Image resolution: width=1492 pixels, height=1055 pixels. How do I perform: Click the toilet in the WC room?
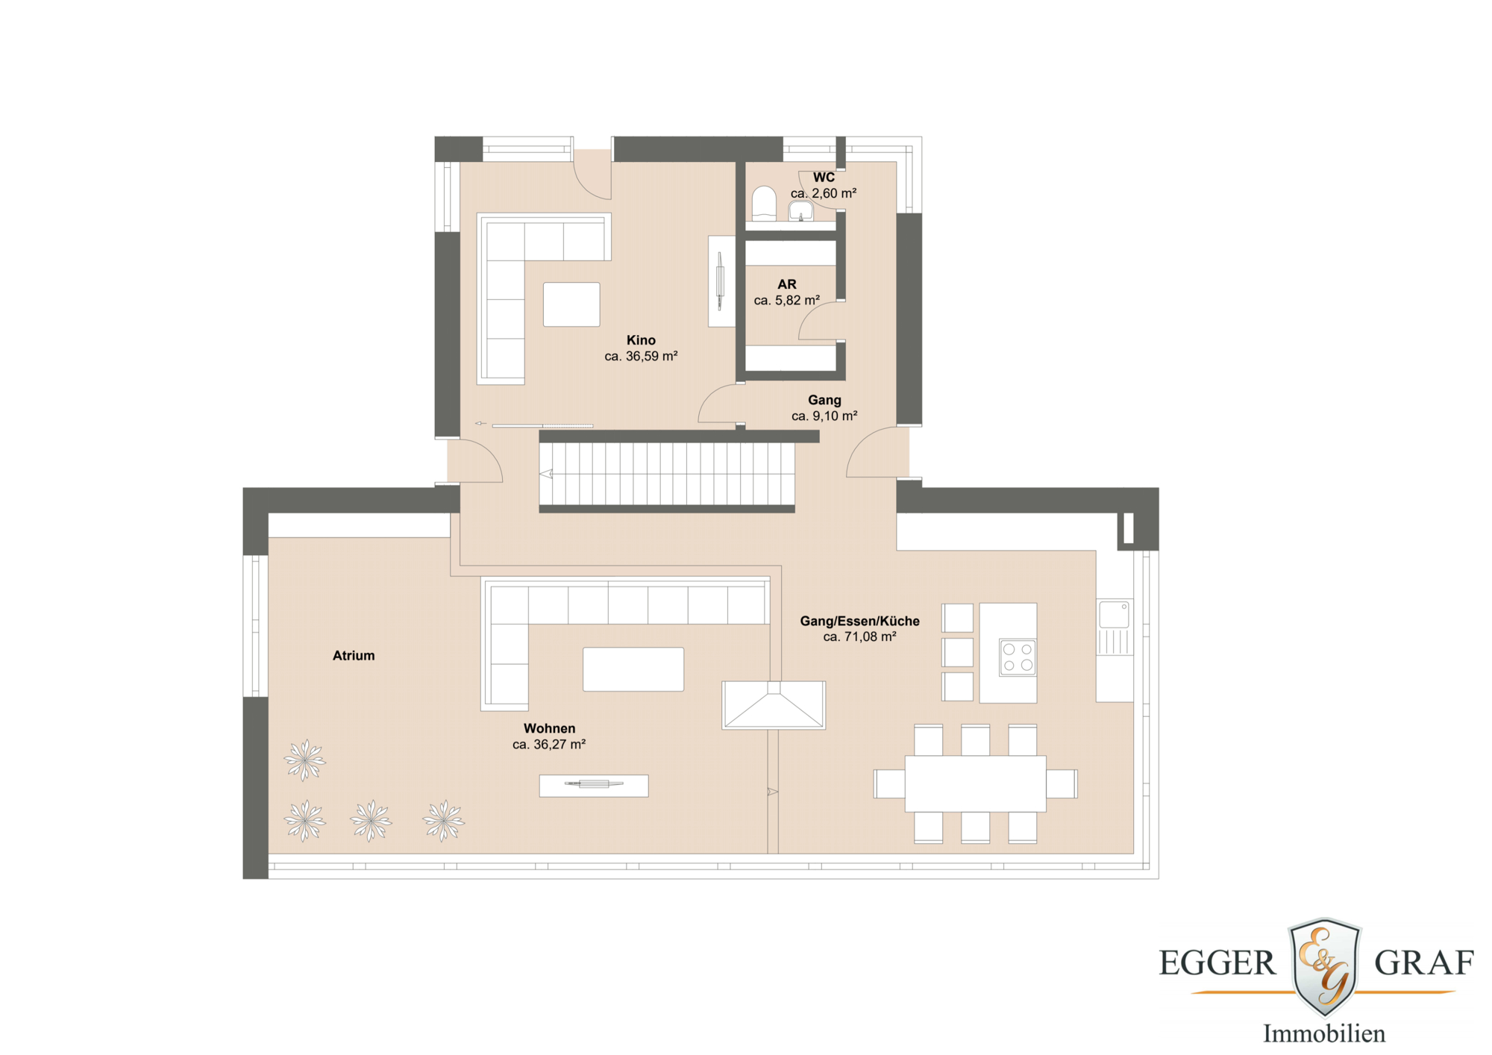[764, 203]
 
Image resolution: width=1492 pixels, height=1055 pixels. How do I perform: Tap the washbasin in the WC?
[801, 210]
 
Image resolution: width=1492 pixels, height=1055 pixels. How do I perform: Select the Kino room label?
[641, 340]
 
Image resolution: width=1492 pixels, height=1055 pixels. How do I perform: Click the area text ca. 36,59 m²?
[641, 357]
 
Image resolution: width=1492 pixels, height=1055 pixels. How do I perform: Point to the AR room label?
[787, 284]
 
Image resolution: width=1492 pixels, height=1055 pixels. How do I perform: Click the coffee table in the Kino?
[571, 304]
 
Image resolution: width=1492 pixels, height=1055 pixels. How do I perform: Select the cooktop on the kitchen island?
[1018, 657]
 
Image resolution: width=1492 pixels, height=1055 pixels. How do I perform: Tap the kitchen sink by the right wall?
[1114, 616]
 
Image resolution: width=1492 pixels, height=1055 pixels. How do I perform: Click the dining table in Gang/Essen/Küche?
[975, 783]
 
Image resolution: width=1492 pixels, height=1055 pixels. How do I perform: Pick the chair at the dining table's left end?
[889, 783]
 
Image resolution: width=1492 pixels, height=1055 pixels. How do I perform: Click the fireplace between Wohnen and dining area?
[774, 705]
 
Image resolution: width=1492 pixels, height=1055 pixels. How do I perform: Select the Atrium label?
[354, 656]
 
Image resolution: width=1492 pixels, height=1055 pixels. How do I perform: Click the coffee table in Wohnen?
[633, 669]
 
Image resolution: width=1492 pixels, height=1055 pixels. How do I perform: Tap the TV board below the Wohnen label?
[594, 786]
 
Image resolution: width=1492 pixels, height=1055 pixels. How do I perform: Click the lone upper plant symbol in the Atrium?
[304, 760]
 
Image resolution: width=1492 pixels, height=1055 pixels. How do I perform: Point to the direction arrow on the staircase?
[547, 474]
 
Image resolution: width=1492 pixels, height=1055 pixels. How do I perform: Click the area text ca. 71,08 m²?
[859, 637]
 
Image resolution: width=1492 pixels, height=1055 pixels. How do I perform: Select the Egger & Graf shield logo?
[1325, 966]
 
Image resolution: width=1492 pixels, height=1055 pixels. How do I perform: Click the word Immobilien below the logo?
[1323, 1034]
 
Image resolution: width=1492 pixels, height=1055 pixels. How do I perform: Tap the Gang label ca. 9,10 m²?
[824, 416]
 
